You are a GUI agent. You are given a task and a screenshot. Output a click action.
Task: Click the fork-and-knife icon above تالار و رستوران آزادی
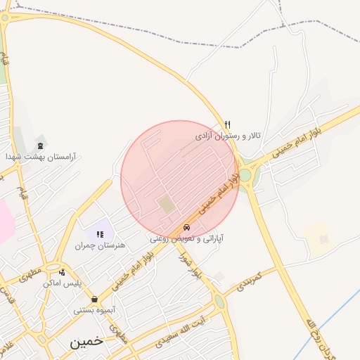(227, 124)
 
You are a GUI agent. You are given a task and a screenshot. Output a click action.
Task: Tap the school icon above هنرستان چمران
(100, 234)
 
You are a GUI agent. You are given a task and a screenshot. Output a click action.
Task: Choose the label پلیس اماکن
(63, 283)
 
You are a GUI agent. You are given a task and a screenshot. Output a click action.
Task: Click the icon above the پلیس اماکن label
(63, 272)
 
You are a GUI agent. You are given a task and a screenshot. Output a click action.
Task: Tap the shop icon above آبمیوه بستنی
(94, 299)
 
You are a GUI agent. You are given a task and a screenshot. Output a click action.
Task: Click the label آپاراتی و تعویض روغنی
(187, 238)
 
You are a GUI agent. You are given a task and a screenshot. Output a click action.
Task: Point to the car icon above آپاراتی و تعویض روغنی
(186, 227)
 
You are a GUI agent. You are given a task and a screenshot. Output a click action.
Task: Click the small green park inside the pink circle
(166, 205)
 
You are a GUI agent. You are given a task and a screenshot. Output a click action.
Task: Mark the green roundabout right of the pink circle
(245, 175)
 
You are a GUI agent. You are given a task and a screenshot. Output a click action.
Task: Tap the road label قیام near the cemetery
(23, 189)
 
